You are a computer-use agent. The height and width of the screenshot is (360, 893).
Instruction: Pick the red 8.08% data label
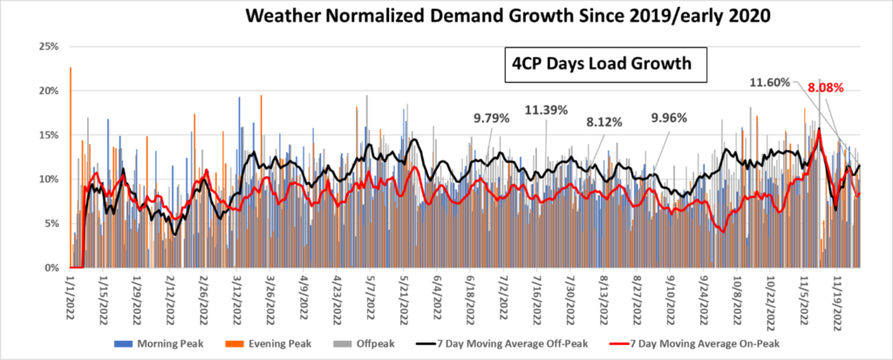click(x=826, y=88)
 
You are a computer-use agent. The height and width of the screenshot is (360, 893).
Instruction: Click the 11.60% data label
click(x=770, y=83)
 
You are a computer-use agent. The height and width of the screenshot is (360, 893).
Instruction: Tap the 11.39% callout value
click(x=548, y=110)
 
